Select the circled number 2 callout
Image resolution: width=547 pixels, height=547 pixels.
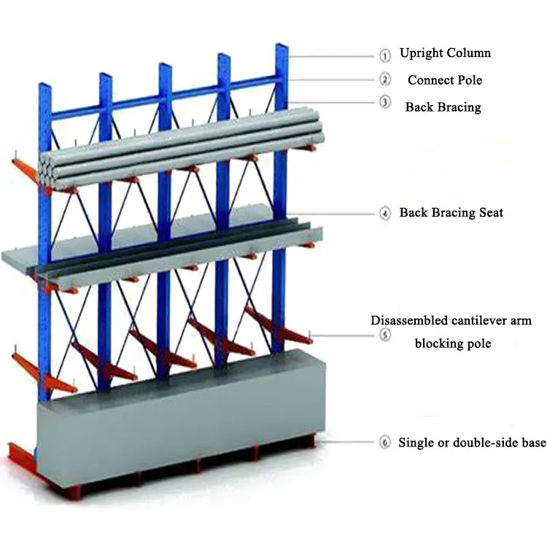pos(384,79)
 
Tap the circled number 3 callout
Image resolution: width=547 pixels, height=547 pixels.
pos(384,103)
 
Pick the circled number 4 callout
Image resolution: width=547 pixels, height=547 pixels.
pos(384,214)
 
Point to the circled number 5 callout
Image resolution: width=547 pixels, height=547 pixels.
pos(384,335)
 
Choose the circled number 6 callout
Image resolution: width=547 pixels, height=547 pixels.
pos(384,442)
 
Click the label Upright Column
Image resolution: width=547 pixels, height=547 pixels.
pos(445,53)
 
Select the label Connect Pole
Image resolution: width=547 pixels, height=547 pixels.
pos(445,79)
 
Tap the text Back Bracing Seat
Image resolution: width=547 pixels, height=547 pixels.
pos(451,213)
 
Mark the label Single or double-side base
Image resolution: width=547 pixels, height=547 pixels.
pos(471,442)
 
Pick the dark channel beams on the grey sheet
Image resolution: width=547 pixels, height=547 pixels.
pos(182,244)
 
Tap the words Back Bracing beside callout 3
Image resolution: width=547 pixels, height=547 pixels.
pos(443,107)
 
